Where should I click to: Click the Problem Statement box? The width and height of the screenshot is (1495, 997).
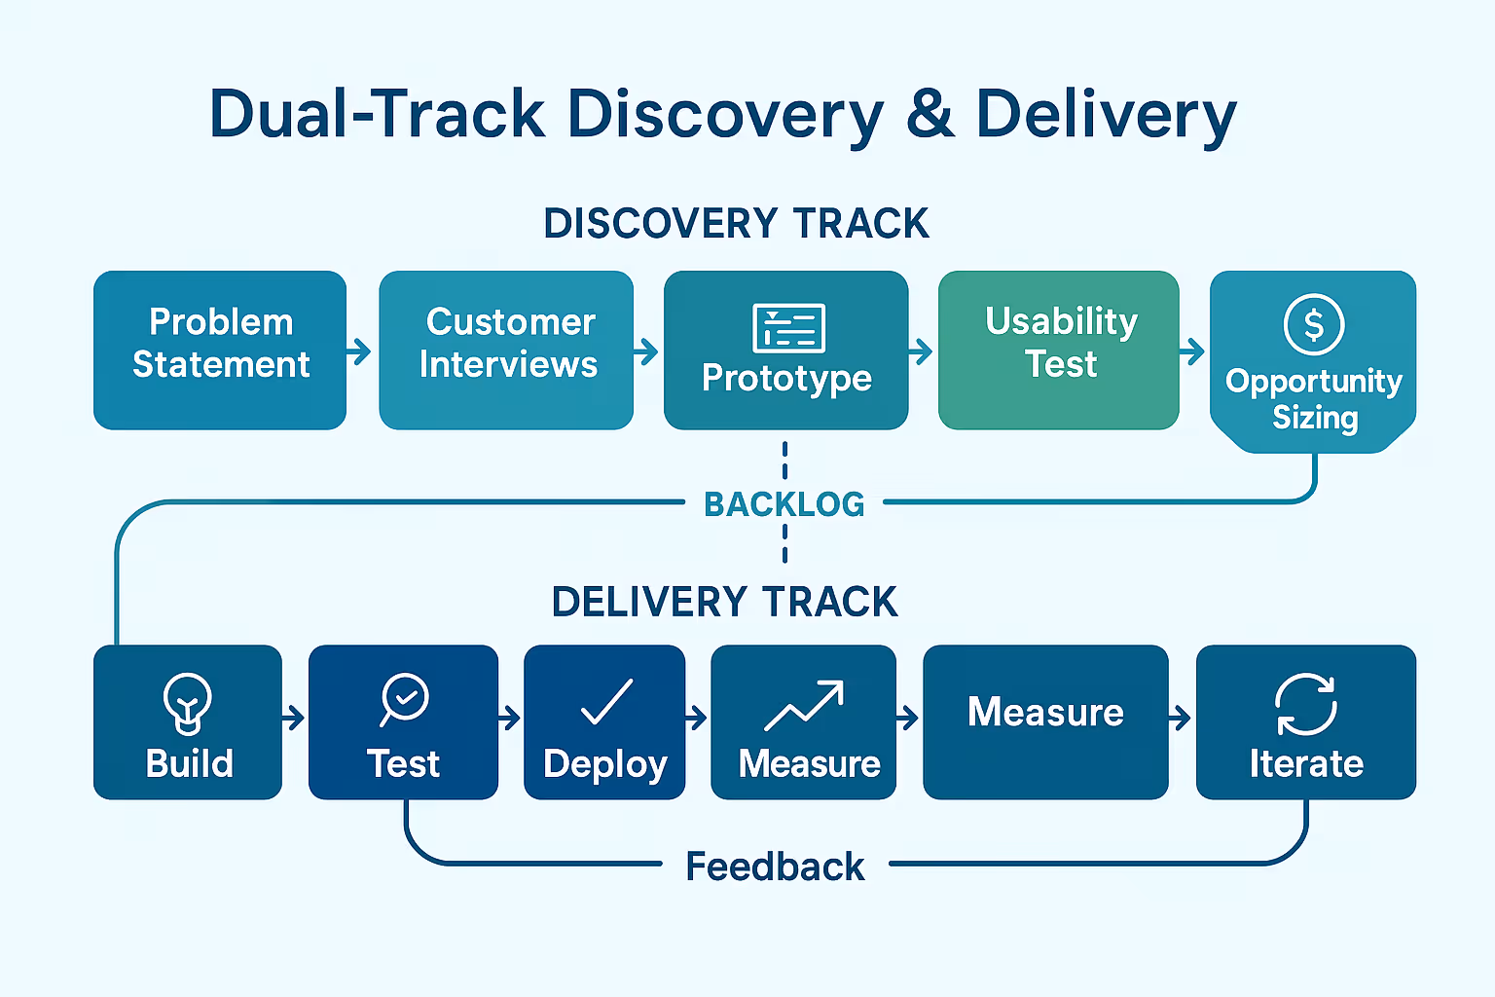(220, 350)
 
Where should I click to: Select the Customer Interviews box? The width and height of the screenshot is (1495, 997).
(506, 350)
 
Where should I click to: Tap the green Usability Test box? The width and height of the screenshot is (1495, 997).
(1059, 350)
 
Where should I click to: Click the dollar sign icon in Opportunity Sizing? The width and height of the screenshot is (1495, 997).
(1313, 324)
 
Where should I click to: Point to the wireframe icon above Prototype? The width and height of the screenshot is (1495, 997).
(789, 328)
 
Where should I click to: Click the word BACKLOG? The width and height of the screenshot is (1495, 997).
(784, 504)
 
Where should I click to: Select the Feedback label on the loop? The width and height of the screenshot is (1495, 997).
(775, 867)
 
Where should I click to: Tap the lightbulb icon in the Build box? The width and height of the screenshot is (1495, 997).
(188, 704)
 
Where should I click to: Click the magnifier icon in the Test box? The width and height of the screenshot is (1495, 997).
(404, 700)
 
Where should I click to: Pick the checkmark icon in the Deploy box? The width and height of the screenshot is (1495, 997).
(606, 701)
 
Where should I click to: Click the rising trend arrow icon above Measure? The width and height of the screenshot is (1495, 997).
(804, 705)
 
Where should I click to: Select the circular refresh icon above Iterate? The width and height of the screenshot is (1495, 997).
(1305, 705)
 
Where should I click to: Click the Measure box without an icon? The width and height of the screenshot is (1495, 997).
(1046, 721)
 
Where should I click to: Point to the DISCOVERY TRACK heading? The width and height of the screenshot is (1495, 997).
(736, 223)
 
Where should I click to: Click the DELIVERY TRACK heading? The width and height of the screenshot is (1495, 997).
(725, 602)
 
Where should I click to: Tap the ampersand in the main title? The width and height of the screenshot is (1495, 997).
(930, 114)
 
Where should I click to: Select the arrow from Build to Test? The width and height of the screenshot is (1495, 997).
(293, 719)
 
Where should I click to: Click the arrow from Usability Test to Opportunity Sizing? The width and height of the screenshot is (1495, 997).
(1192, 351)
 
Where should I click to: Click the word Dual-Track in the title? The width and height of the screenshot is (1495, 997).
(377, 114)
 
